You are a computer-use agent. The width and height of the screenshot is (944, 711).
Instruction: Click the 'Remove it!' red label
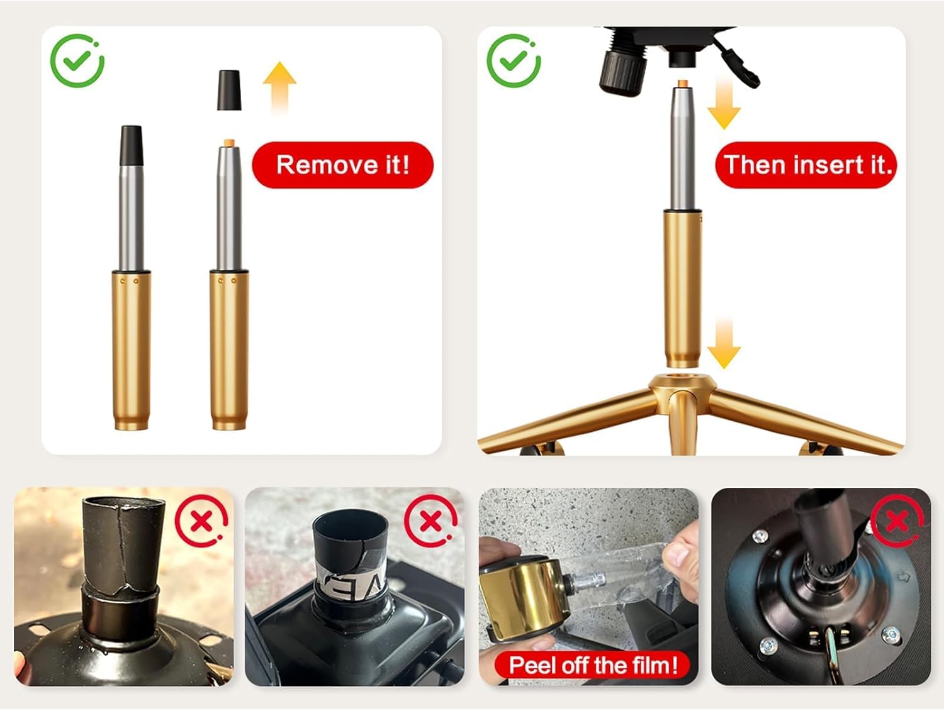click(343, 165)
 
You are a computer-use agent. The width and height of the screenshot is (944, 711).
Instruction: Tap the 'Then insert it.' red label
click(806, 165)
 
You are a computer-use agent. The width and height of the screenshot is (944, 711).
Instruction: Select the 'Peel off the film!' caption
click(593, 666)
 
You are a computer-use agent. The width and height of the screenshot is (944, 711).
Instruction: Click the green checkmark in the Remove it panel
click(77, 60)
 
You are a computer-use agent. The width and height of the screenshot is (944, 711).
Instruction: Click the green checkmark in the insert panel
click(514, 60)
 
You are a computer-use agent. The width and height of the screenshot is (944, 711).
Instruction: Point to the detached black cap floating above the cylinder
click(229, 91)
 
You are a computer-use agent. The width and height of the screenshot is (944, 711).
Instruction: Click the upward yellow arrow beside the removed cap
click(279, 88)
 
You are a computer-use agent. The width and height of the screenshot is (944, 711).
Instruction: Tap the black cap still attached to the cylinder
click(131, 146)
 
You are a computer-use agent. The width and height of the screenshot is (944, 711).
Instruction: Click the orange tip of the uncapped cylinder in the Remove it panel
click(229, 143)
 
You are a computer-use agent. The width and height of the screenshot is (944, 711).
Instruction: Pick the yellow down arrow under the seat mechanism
click(724, 104)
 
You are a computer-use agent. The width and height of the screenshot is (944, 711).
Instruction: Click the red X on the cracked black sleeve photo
click(201, 521)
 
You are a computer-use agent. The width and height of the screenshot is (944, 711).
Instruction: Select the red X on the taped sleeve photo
click(431, 521)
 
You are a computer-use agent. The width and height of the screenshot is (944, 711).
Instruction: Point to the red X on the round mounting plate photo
click(897, 521)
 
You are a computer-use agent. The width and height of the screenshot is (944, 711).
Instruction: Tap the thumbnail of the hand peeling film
click(589, 586)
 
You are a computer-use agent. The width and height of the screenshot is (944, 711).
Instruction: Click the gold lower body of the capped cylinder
click(131, 350)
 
